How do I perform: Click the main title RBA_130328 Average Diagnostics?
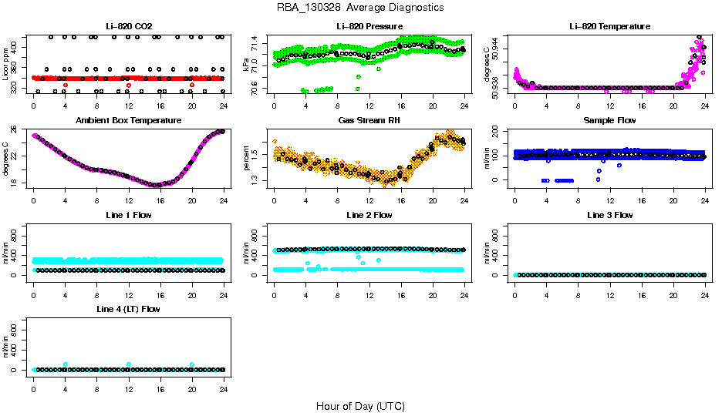pyautogui.click(x=360, y=8)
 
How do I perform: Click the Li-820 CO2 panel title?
pyautogui.click(x=129, y=26)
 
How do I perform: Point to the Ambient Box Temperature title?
pyautogui.click(x=129, y=121)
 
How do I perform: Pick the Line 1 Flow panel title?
pyautogui.click(x=129, y=215)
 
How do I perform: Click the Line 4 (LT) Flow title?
pyautogui.click(x=129, y=309)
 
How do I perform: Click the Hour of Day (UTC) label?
pyautogui.click(x=360, y=406)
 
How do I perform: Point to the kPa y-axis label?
pyautogui.click(x=247, y=65)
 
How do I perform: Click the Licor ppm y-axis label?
pyautogui.click(x=6, y=65)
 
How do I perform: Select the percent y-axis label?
pyautogui.click(x=247, y=159)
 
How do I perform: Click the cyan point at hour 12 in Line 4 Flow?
pyautogui.click(x=129, y=364)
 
